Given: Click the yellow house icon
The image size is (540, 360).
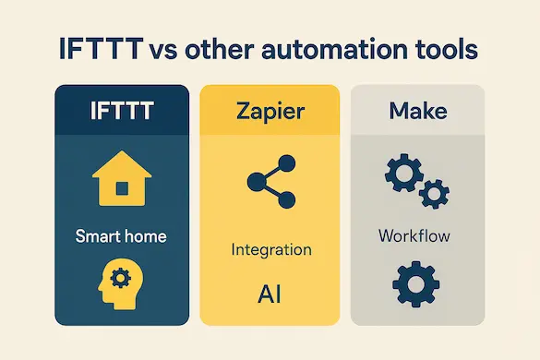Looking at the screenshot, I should pos(122,181).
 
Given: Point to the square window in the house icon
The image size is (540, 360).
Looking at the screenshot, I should pos(122,188).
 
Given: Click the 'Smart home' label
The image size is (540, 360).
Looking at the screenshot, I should pos(122,236).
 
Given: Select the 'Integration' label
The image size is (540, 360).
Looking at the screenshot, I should pos(271,249).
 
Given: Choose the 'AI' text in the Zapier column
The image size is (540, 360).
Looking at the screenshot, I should pos(270,294).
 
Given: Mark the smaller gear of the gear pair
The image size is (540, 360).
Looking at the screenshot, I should pos(433,194).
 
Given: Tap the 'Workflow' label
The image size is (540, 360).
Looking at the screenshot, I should pos(414,236).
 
